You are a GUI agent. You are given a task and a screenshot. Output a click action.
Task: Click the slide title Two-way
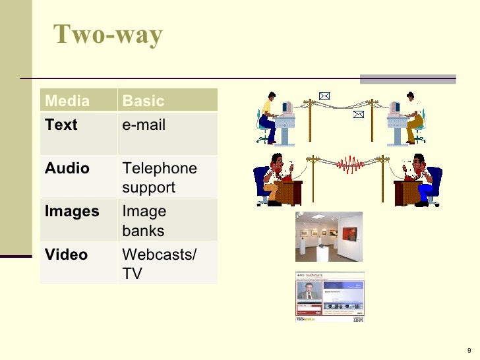click(x=108, y=35)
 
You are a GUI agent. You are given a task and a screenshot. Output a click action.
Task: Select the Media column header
click(x=67, y=101)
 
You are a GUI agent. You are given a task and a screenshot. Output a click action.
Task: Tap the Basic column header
click(x=144, y=101)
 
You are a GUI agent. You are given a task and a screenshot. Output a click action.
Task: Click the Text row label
click(x=61, y=125)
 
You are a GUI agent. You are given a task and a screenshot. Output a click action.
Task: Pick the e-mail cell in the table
click(x=144, y=125)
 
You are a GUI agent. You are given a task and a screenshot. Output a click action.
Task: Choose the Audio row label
click(x=67, y=168)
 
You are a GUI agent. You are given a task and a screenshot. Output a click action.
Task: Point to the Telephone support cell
click(x=160, y=177)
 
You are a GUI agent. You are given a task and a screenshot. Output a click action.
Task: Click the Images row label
click(x=72, y=212)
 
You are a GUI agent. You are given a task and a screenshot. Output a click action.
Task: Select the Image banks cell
click(x=144, y=221)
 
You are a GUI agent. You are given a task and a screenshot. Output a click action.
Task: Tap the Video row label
click(x=66, y=255)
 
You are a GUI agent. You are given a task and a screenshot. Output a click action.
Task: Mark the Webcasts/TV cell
click(x=159, y=264)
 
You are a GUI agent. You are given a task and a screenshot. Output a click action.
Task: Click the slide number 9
click(x=468, y=349)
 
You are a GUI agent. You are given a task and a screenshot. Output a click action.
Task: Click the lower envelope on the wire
click(x=359, y=114)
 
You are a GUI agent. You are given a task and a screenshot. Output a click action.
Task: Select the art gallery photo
click(x=328, y=236)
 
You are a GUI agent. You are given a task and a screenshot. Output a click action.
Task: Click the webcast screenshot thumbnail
click(x=329, y=297)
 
